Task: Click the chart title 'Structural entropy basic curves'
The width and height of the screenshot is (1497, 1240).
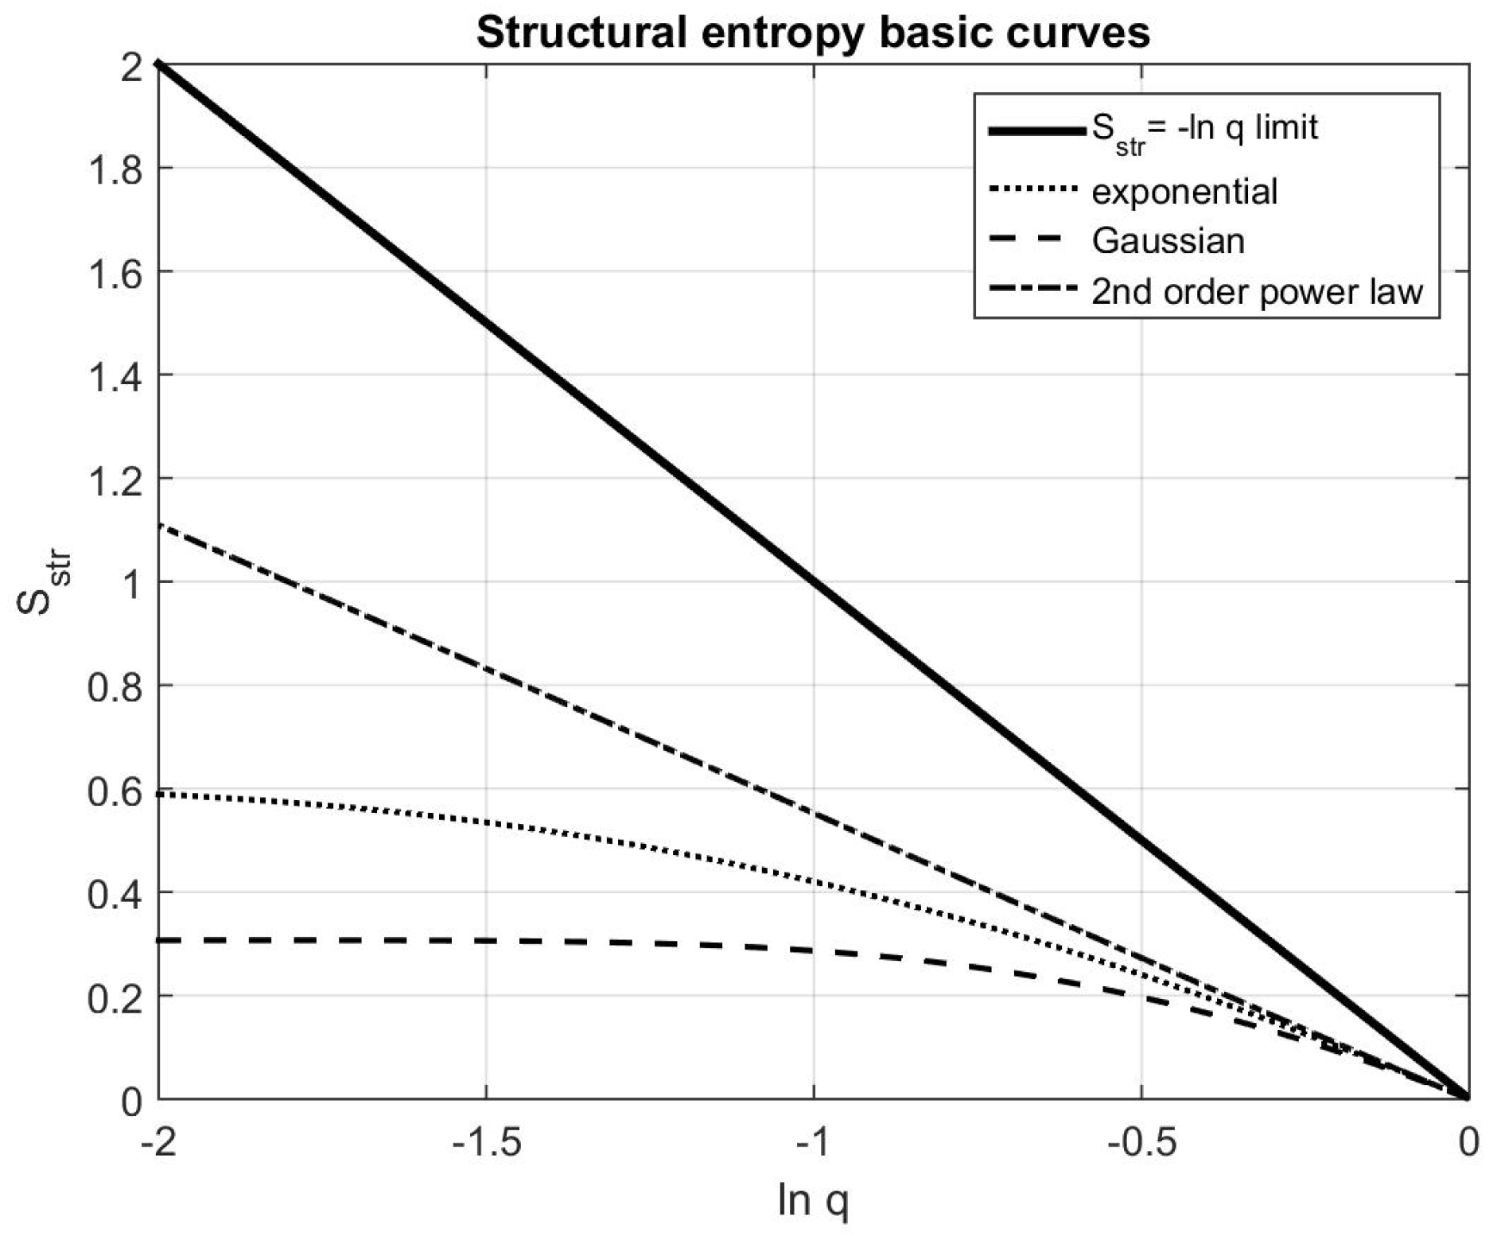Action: click(812, 33)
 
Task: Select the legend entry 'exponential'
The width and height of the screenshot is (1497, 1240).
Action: click(1184, 192)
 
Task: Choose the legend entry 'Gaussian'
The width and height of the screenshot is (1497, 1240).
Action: click(1168, 241)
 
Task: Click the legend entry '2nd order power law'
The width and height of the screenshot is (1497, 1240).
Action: click(1256, 292)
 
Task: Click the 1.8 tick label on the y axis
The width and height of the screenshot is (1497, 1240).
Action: click(115, 169)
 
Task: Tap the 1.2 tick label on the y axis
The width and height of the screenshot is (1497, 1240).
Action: click(115, 479)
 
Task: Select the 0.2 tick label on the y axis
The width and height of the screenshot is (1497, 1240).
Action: click(115, 996)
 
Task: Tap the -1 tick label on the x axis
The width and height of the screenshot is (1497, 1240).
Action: click(813, 1143)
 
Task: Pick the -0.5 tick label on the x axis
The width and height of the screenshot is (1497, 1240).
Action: click(1141, 1143)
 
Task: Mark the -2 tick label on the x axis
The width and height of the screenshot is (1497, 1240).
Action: click(158, 1143)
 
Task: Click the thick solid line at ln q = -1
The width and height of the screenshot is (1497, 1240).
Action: click(814, 581)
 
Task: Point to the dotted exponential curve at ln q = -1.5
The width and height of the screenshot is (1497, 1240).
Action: click(486, 822)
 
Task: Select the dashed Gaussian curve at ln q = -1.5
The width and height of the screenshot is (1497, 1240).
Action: click(486, 941)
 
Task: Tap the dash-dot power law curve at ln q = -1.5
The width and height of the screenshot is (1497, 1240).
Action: click(486, 667)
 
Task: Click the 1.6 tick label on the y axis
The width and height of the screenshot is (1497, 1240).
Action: click(115, 272)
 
